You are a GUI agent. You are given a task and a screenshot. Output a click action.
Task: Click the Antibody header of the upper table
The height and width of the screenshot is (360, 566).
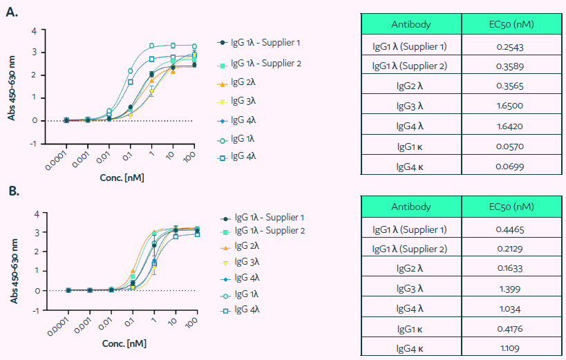click(x=411, y=24)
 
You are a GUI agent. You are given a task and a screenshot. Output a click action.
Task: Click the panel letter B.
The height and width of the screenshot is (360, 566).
click(x=12, y=190)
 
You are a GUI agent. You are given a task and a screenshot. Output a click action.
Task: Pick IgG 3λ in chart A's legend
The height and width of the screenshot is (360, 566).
click(x=245, y=101)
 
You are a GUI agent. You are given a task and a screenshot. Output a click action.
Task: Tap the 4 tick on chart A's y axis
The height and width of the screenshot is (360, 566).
click(x=34, y=30)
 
